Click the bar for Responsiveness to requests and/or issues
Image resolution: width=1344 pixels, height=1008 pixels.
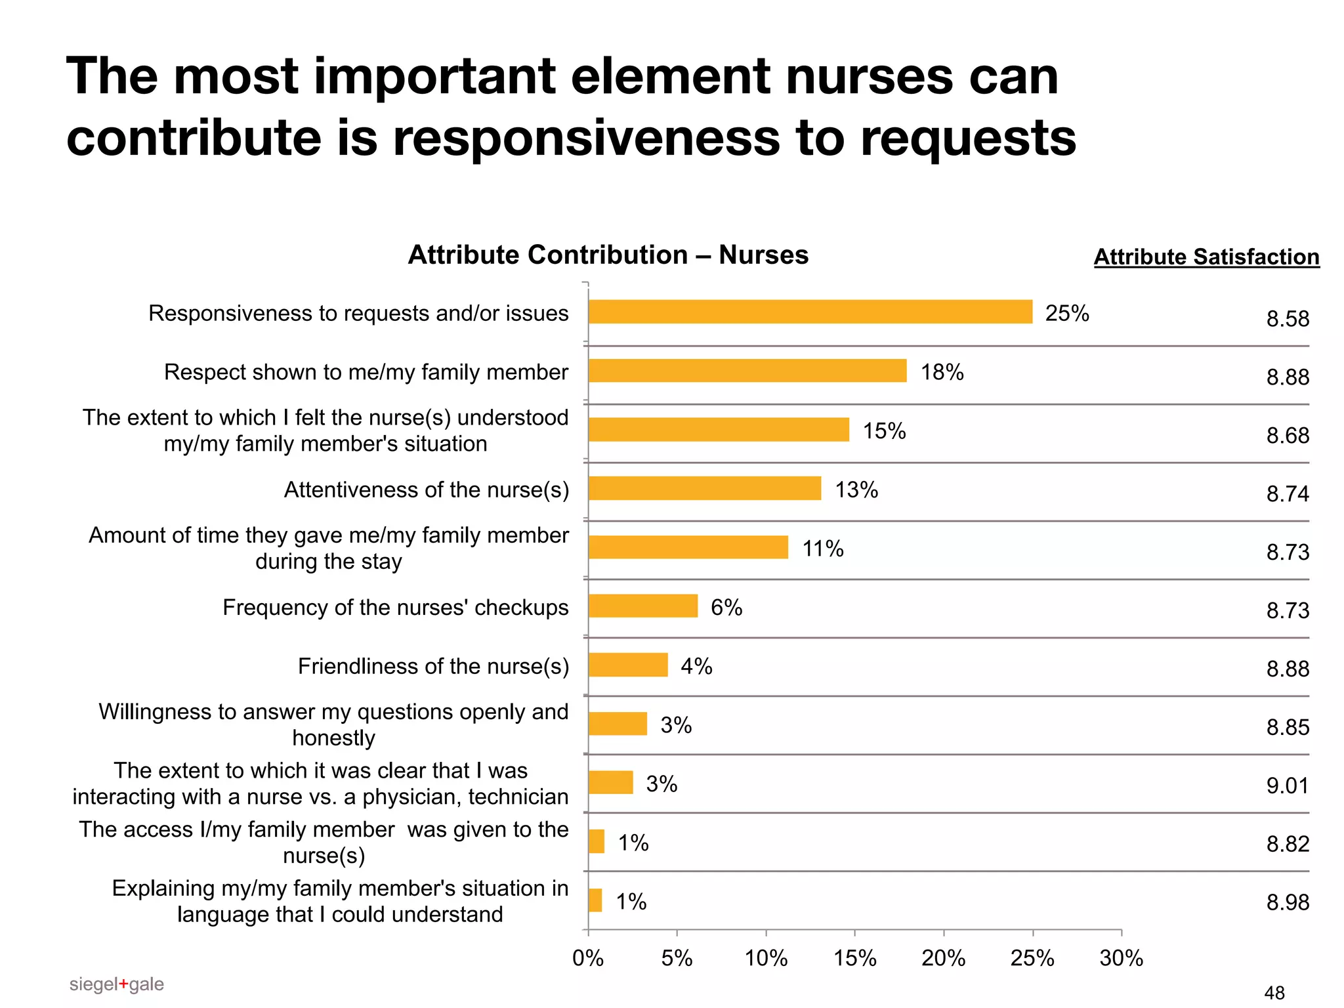tap(810, 312)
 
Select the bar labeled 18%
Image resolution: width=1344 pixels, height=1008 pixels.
tap(747, 371)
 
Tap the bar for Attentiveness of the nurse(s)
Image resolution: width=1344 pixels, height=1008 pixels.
tap(704, 488)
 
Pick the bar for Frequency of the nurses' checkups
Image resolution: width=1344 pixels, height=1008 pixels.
tap(642, 606)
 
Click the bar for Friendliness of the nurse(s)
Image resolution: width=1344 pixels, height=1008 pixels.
tap(627, 665)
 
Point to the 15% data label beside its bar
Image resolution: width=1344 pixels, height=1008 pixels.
tap(884, 431)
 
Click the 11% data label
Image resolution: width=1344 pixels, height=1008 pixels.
tap(823, 549)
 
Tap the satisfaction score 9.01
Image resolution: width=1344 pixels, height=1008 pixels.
tap(1287, 786)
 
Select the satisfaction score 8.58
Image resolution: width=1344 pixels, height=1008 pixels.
tap(1287, 319)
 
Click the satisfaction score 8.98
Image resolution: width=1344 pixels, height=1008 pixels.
tap(1287, 902)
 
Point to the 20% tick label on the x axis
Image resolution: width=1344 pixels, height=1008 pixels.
tap(943, 959)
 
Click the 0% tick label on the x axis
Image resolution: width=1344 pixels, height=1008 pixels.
tap(587, 959)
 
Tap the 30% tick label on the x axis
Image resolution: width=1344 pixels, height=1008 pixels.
tap(1121, 959)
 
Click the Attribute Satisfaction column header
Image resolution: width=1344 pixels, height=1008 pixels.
tap(1206, 257)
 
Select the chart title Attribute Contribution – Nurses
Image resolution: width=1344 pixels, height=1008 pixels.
tap(608, 255)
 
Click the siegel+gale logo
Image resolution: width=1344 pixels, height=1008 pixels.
tap(116, 984)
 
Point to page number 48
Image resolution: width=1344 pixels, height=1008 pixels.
tap(1274, 993)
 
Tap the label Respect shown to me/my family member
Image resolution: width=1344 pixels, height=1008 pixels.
tap(366, 372)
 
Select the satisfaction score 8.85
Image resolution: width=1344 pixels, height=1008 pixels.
tap(1287, 727)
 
